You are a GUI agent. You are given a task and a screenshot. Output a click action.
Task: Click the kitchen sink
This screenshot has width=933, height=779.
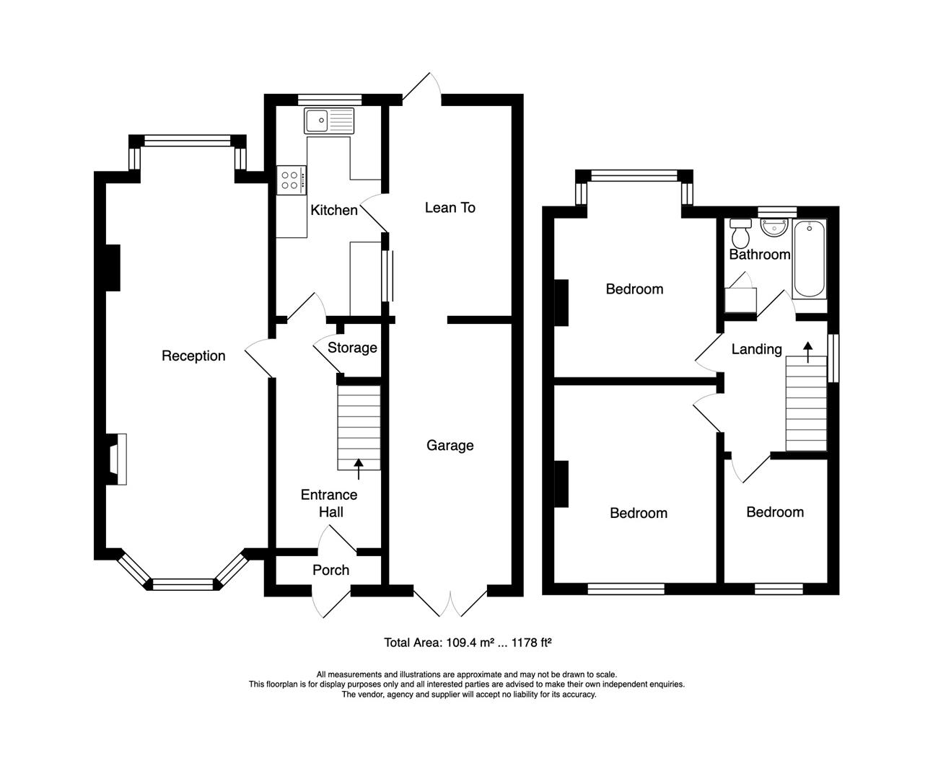click(x=329, y=120)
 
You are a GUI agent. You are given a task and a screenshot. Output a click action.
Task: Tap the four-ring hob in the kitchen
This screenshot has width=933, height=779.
click(x=292, y=180)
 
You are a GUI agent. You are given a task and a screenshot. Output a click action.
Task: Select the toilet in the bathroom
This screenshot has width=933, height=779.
click(x=740, y=233)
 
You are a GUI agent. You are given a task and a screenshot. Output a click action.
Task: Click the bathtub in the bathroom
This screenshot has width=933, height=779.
click(x=809, y=260)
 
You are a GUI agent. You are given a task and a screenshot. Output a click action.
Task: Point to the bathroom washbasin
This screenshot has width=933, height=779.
click(x=774, y=227)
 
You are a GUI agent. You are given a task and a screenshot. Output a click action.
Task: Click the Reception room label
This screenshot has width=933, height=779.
click(x=193, y=356)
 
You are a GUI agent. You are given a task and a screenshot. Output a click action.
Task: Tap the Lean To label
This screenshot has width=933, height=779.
click(x=450, y=208)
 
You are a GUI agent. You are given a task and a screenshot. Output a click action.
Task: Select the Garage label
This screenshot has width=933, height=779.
click(x=450, y=445)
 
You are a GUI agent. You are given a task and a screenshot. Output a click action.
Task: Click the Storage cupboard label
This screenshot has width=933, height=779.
click(x=352, y=348)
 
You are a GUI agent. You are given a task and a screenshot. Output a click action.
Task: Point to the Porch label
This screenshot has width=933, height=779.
click(x=330, y=570)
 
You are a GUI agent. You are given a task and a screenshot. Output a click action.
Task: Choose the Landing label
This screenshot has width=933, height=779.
click(x=756, y=349)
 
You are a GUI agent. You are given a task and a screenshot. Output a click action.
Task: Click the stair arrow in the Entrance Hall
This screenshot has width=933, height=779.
click(x=359, y=469)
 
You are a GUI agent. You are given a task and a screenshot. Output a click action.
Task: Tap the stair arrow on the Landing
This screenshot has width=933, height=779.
click(x=808, y=353)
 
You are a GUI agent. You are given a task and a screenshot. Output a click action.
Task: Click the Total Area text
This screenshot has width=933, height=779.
click(x=468, y=643)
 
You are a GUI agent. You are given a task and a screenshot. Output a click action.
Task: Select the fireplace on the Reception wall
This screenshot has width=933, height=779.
click(x=118, y=459)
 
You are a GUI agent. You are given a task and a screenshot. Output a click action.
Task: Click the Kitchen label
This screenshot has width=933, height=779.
click(x=334, y=210)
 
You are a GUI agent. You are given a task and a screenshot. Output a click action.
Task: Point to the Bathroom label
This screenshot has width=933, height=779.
click(x=760, y=255)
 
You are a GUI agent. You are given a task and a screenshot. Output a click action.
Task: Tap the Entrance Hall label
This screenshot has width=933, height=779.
click(x=329, y=503)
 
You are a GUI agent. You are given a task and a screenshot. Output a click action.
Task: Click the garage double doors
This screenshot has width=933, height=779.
click(x=450, y=603)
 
